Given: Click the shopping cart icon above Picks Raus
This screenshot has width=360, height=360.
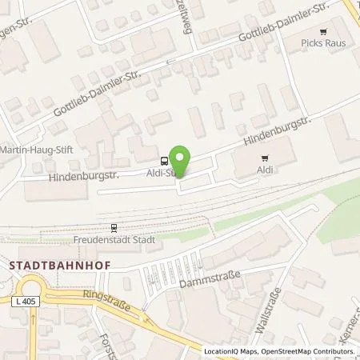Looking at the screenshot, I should click(323, 32).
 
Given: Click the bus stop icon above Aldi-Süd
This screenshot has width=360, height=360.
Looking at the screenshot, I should click(164, 158).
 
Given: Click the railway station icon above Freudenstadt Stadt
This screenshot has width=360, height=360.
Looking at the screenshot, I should click(114, 227).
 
